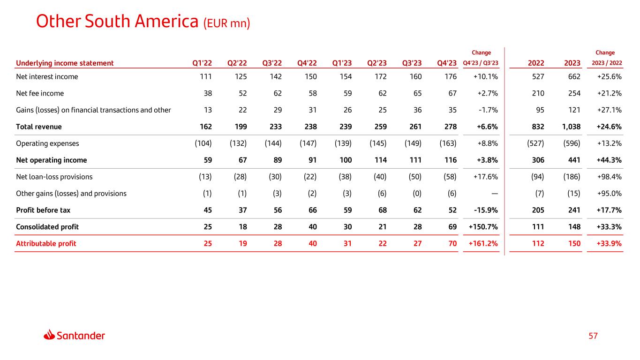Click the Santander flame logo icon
point(49,335)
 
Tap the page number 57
point(593,336)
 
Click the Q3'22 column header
point(272,63)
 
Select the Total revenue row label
point(39,127)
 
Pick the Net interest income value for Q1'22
point(206,76)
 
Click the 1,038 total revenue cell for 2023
point(571,127)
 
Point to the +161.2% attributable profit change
point(483,243)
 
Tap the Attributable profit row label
point(46,243)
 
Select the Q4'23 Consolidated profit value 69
point(452,227)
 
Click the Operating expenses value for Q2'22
point(238,143)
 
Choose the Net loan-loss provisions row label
point(54,177)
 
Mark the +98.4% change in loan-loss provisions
point(609,177)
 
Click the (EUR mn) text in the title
point(226,23)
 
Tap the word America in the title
point(166,21)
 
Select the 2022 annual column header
point(536,63)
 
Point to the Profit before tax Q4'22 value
point(313,210)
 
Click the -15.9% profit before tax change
point(486,210)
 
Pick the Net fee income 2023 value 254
point(574,93)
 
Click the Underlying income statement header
point(65,63)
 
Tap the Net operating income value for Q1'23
point(346,160)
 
